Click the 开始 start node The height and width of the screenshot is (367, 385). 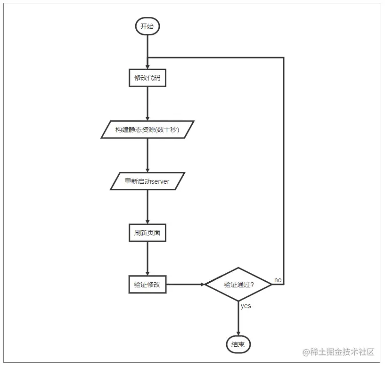[147, 26]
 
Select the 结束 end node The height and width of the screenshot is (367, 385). [238, 344]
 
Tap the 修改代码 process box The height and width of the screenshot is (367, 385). [147, 78]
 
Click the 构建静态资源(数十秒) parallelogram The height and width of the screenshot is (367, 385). [147, 129]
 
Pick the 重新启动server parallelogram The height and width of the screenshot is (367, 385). [147, 181]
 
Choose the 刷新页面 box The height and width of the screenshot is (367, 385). [147, 233]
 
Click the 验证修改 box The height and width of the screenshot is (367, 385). [147, 285]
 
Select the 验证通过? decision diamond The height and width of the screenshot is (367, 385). [238, 285]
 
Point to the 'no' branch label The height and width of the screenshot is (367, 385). [278, 280]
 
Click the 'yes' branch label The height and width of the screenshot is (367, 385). [246, 306]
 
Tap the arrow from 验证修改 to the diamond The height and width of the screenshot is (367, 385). [185, 285]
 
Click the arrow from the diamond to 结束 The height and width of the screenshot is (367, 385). [238, 318]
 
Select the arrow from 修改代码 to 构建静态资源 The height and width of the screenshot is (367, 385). [147, 104]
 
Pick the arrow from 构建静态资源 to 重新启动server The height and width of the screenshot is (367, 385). [147, 155]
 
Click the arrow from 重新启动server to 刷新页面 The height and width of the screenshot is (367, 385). [147, 207]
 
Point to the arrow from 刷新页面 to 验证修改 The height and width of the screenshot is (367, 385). [147, 259]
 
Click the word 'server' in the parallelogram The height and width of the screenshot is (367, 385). [160, 181]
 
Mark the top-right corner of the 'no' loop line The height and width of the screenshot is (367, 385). [284, 58]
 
